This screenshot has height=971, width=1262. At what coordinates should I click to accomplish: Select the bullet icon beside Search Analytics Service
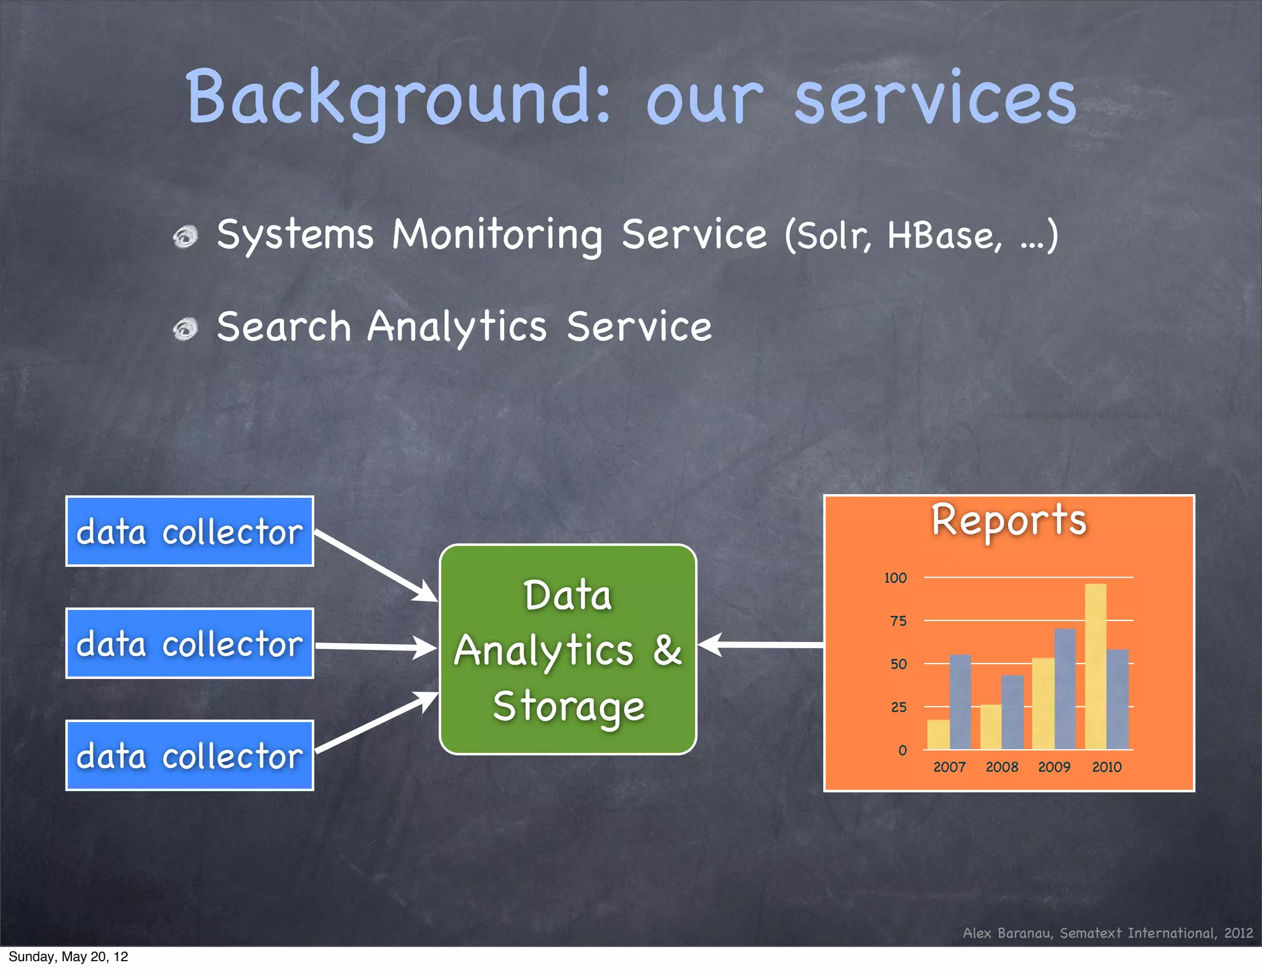coord(185,329)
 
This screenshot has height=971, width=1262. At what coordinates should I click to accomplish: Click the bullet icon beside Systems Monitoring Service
coord(185,237)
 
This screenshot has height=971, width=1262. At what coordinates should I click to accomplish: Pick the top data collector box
coord(190,531)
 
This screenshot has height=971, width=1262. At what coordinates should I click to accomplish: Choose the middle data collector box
coord(190,643)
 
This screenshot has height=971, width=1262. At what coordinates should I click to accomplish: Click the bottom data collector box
coord(190,755)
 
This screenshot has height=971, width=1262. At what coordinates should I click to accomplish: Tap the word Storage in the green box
coord(568,706)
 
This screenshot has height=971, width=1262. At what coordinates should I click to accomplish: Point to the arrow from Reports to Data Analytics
coord(761,644)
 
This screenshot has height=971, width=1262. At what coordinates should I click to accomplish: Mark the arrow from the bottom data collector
coord(376,722)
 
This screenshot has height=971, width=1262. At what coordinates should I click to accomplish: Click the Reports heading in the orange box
coord(1009,520)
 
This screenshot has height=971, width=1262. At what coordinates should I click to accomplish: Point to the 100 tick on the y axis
coord(895,578)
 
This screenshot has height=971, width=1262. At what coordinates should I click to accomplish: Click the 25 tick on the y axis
coord(898,707)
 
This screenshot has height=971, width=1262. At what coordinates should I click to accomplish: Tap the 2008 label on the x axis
coord(1001,767)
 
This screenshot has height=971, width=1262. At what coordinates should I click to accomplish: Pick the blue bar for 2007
coord(960,702)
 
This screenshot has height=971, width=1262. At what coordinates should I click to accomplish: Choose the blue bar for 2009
coord(1065,689)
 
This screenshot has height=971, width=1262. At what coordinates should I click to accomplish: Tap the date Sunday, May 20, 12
coord(68,957)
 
